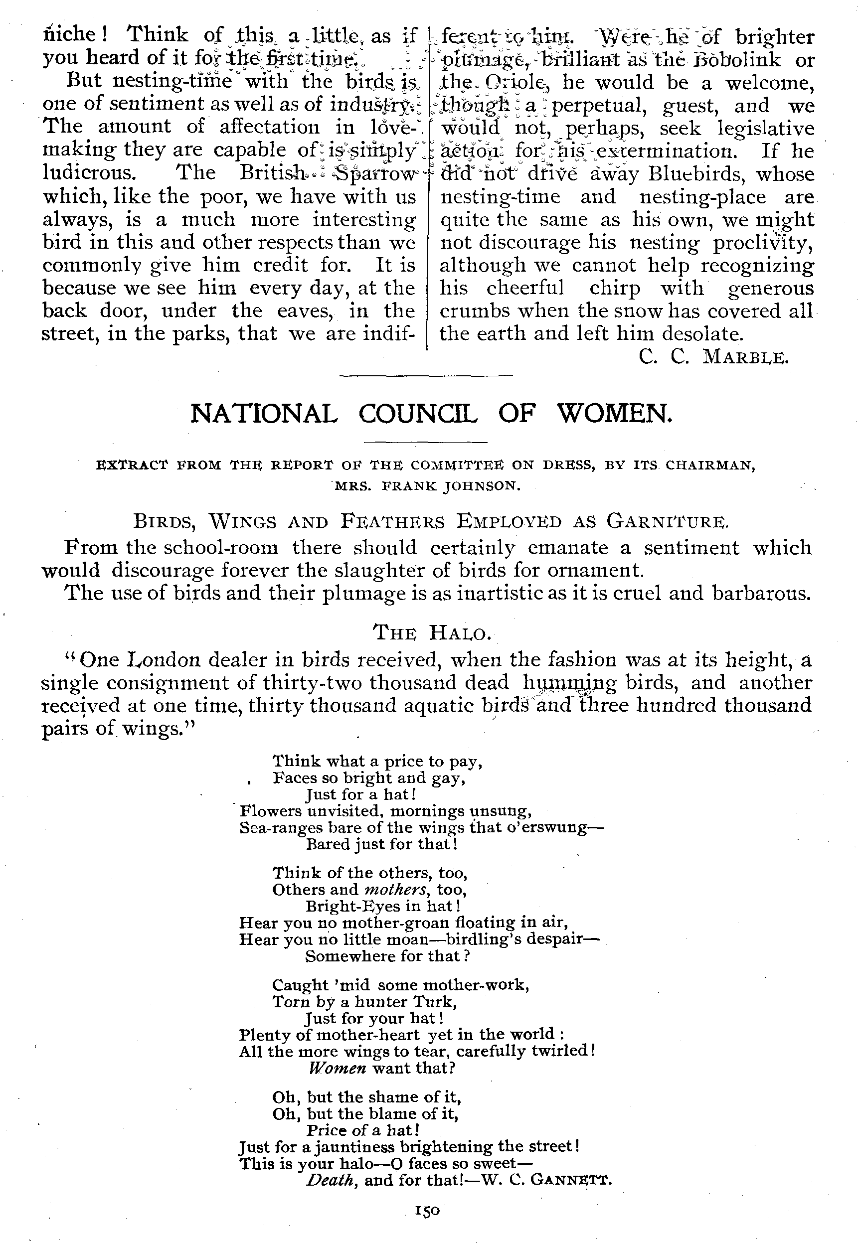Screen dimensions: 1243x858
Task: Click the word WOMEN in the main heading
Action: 615,414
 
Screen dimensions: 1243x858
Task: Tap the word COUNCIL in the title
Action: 418,414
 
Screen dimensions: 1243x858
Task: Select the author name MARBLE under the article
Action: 745,357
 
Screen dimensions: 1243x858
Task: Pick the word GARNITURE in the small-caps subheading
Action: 667,521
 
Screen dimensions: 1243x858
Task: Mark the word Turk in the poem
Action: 434,1002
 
